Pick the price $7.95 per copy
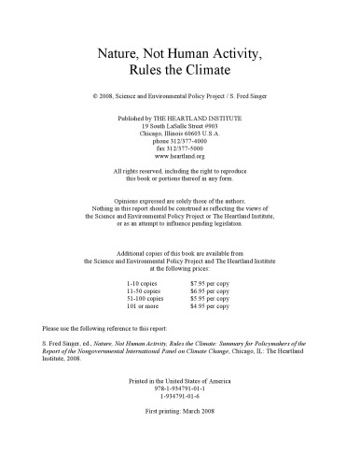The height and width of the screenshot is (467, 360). pyautogui.click(x=212, y=281)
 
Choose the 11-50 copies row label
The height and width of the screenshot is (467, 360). pyautogui.click(x=144, y=289)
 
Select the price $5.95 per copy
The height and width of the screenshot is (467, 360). pyautogui.click(x=212, y=296)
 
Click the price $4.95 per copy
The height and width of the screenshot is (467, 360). pyautogui.click(x=212, y=304)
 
